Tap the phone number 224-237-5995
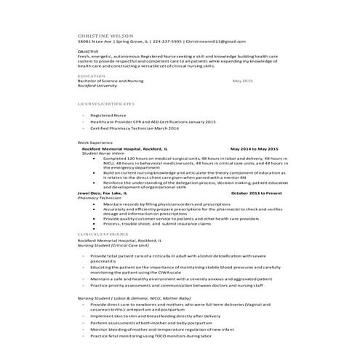coord(166,42)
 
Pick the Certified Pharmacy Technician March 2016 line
coord(134,127)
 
